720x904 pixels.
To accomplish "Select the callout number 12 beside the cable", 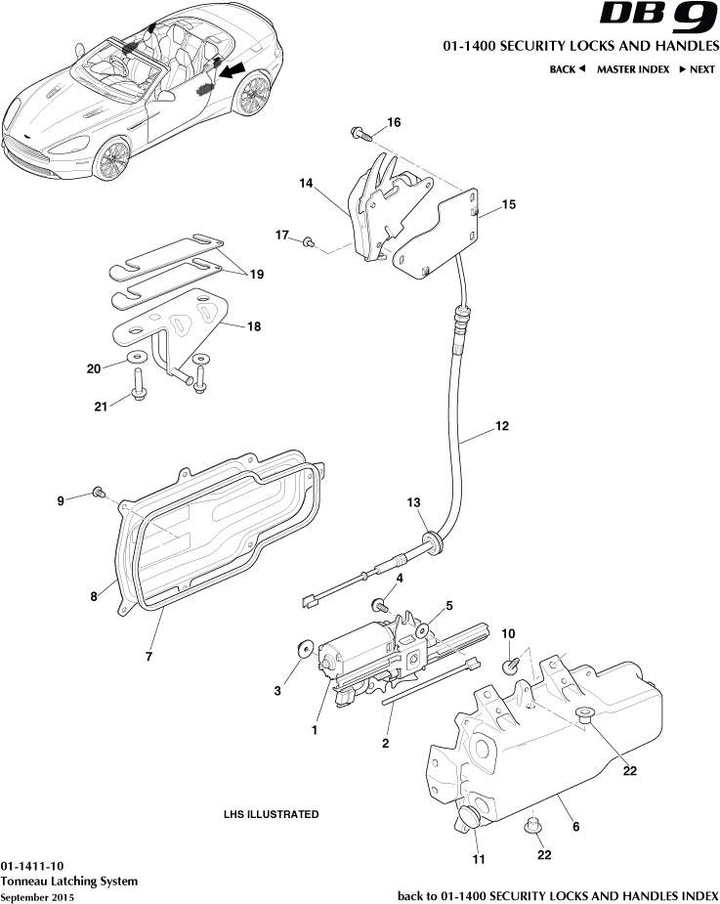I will [502, 426].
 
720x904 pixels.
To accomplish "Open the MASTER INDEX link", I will [633, 69].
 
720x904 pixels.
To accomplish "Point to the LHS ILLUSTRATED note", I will [271, 814].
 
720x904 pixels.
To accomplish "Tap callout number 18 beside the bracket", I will [254, 326].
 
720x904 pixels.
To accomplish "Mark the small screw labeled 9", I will [98, 491].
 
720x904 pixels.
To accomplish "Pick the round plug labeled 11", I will [468, 817].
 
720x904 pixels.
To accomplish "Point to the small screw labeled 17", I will [309, 240].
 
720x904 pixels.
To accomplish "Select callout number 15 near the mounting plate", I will [509, 204].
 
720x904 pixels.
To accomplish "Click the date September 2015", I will [36, 896].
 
